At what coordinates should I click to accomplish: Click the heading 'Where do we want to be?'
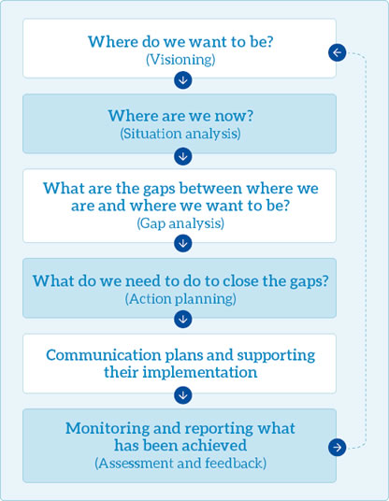(x=180, y=41)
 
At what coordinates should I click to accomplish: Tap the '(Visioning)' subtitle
(x=180, y=60)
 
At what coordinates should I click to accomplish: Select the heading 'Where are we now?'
(x=180, y=116)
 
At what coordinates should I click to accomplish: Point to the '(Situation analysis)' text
(x=180, y=134)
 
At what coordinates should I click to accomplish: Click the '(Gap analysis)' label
(x=180, y=223)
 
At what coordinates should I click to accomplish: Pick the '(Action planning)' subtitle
(x=180, y=299)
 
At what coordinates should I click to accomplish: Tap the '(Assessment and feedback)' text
(x=180, y=464)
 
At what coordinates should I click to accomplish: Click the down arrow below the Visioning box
(x=183, y=80)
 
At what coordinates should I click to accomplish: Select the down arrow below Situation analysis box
(x=183, y=156)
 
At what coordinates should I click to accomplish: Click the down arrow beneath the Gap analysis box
(x=183, y=243)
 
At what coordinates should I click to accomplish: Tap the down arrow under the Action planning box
(x=183, y=319)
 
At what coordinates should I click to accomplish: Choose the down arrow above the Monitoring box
(x=183, y=395)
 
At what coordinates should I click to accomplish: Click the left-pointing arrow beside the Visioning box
(x=338, y=52)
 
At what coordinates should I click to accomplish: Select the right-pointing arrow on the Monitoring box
(x=338, y=447)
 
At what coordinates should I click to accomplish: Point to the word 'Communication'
(x=104, y=355)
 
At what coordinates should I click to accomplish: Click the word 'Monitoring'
(x=108, y=429)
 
